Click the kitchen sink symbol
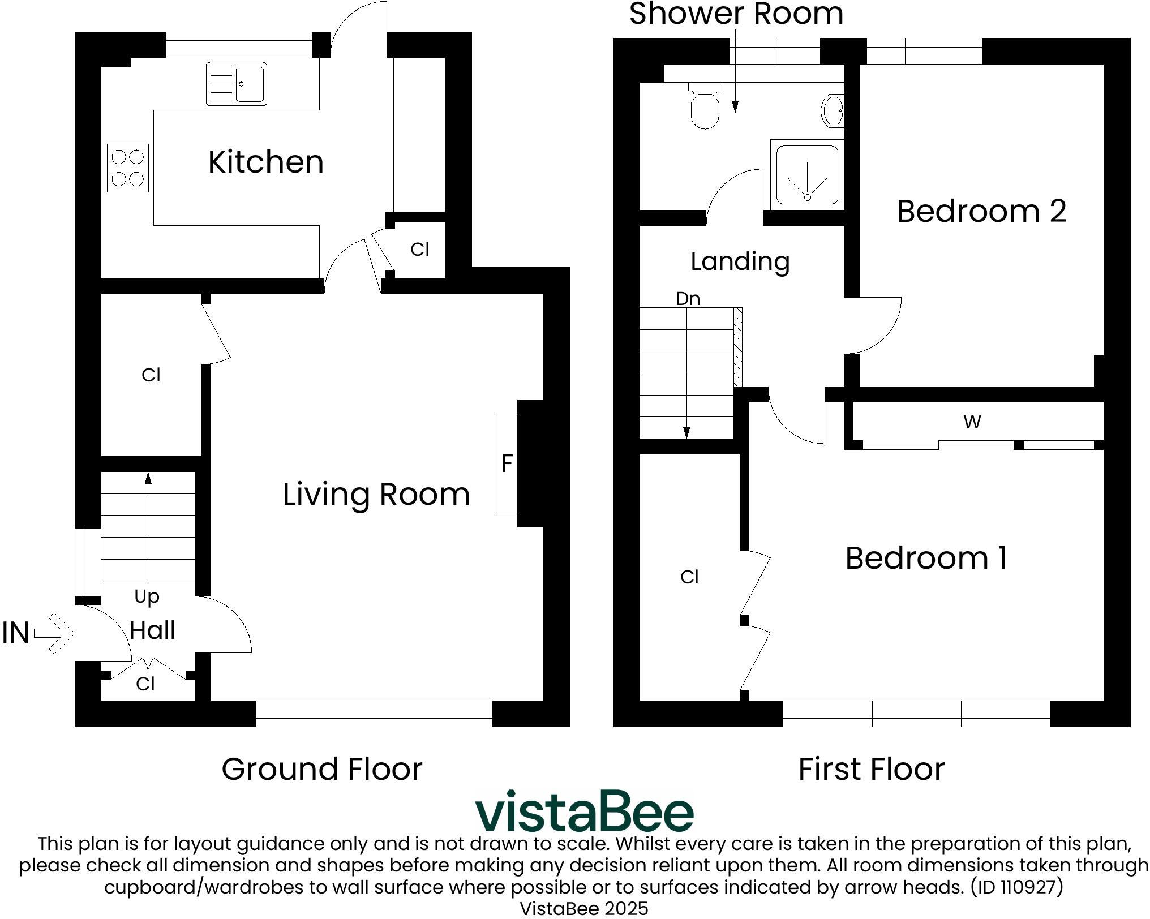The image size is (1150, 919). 236,84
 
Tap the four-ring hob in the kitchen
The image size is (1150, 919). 128,168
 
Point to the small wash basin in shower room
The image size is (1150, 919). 833,111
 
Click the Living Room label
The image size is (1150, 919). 376,494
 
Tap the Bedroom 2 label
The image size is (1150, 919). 981,211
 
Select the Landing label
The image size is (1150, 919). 740,261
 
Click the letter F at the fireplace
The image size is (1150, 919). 507,463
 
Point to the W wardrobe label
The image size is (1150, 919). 972,422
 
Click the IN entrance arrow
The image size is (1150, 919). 54,633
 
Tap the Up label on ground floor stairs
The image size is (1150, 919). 147,596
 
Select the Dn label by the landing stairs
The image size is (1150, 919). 688,298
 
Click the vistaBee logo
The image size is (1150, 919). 584,811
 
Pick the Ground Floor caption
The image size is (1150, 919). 321,769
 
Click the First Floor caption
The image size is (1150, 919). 871,769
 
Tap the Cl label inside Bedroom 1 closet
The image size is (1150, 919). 689,577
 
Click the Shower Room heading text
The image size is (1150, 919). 736,14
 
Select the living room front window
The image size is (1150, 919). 374,713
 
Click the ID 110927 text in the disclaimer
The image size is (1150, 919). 1016,886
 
